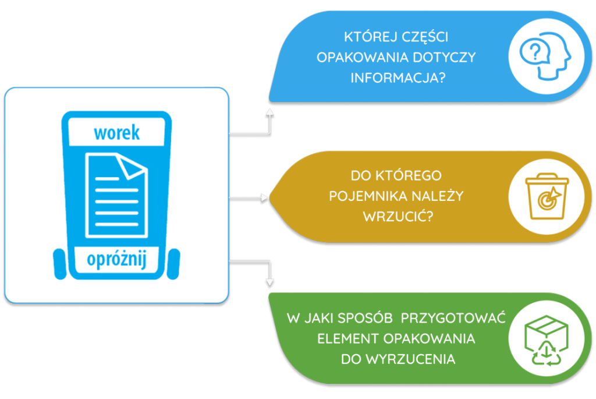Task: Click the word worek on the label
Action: (x=117, y=133)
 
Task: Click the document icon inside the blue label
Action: (x=116, y=195)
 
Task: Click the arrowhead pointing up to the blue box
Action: (x=269, y=111)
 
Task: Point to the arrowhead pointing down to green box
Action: (x=269, y=283)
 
